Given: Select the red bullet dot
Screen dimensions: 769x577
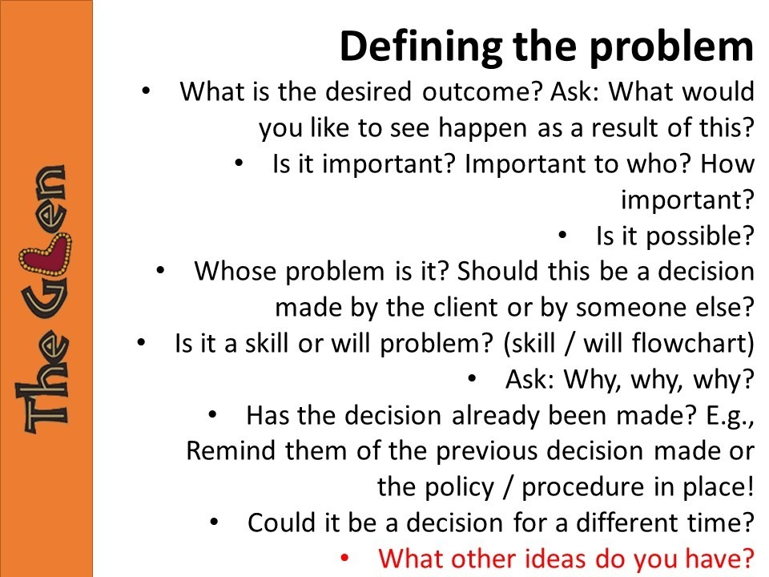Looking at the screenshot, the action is pyautogui.click(x=344, y=558).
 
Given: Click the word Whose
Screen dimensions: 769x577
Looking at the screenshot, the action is pyautogui.click(x=235, y=271).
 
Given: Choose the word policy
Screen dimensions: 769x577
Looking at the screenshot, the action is pyautogui.click(x=460, y=488).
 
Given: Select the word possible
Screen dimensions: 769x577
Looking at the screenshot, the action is pyautogui.click(x=699, y=236).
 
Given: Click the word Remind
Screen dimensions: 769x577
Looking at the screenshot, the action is pyautogui.click(x=231, y=450).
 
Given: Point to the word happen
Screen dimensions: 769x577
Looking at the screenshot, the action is pyautogui.click(x=482, y=128).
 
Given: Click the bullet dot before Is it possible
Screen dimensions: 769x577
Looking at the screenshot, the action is pyautogui.click(x=562, y=235).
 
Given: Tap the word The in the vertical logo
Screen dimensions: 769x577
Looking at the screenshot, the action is pyautogui.click(x=42, y=381).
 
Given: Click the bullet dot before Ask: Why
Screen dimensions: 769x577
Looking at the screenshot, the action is pyautogui.click(x=473, y=378).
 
